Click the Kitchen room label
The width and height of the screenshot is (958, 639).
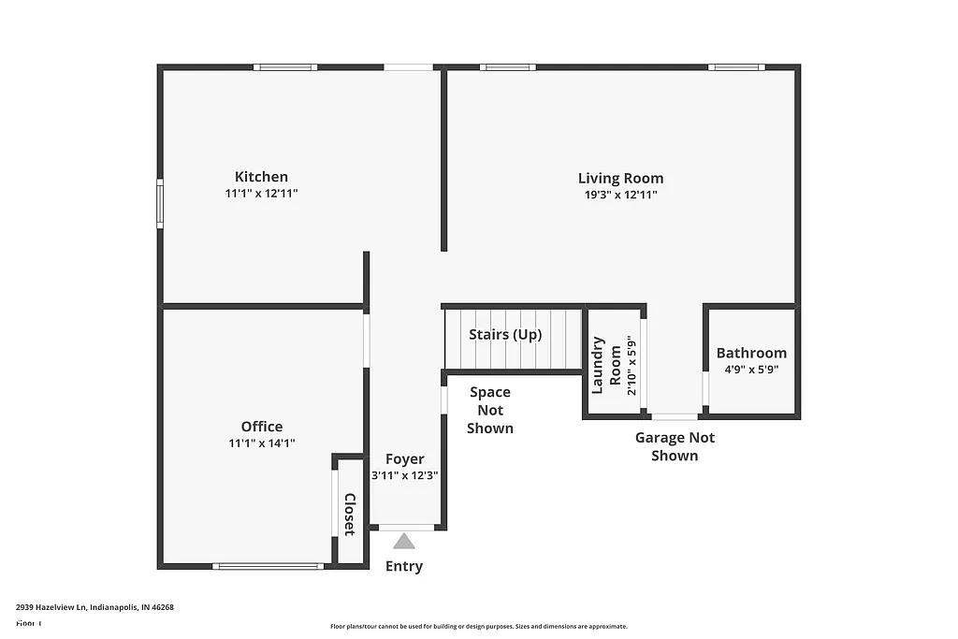point(261,177)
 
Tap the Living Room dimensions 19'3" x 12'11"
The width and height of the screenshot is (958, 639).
point(620,195)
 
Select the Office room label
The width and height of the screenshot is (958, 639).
point(261,427)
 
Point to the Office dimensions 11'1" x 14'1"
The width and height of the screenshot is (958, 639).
point(261,443)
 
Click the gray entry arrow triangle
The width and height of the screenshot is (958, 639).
point(404,541)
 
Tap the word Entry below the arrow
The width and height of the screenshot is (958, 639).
point(404,566)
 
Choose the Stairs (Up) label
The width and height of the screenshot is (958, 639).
point(505,335)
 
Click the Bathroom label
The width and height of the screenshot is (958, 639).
point(751,353)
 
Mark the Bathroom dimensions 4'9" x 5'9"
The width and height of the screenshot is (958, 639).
point(751,369)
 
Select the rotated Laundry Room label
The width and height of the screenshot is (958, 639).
point(606,366)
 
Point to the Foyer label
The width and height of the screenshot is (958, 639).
point(405,459)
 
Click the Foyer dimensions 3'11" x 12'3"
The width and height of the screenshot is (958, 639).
point(405,475)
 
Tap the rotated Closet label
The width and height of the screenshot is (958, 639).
point(349,514)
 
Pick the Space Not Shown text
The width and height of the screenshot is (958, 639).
point(490,410)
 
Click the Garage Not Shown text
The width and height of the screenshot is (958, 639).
point(675,446)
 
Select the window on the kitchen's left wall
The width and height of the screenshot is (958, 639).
point(160,204)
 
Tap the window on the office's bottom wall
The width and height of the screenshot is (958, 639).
point(269,566)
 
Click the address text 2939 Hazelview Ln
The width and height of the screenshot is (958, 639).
point(94,607)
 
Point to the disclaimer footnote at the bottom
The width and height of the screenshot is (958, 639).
point(478,627)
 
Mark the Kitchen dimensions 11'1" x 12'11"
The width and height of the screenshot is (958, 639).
point(261,194)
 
